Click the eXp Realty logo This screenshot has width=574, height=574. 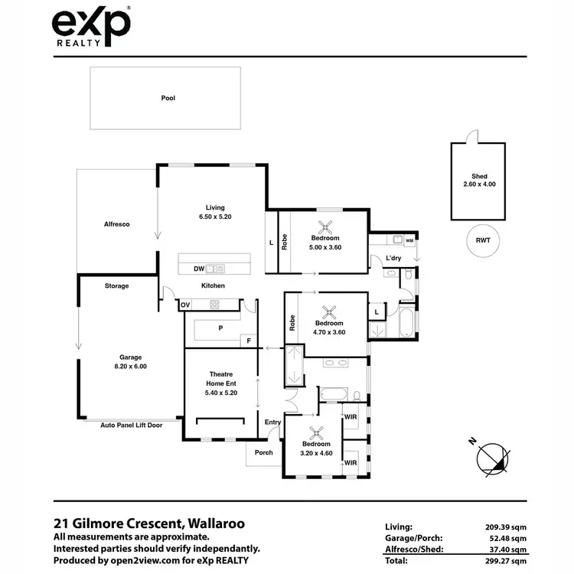(x=90, y=28)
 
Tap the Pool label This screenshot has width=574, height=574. (x=168, y=98)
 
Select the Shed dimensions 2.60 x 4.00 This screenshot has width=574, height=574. (x=479, y=184)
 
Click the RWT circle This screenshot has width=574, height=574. (x=482, y=240)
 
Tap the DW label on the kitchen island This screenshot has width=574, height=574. (x=198, y=269)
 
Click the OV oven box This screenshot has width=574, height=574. (x=185, y=305)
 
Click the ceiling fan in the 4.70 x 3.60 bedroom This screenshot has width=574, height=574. (x=331, y=311)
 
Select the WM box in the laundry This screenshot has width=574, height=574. (x=409, y=240)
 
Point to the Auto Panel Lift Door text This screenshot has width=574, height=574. (x=130, y=424)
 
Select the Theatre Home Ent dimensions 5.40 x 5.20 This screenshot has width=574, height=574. (x=220, y=393)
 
